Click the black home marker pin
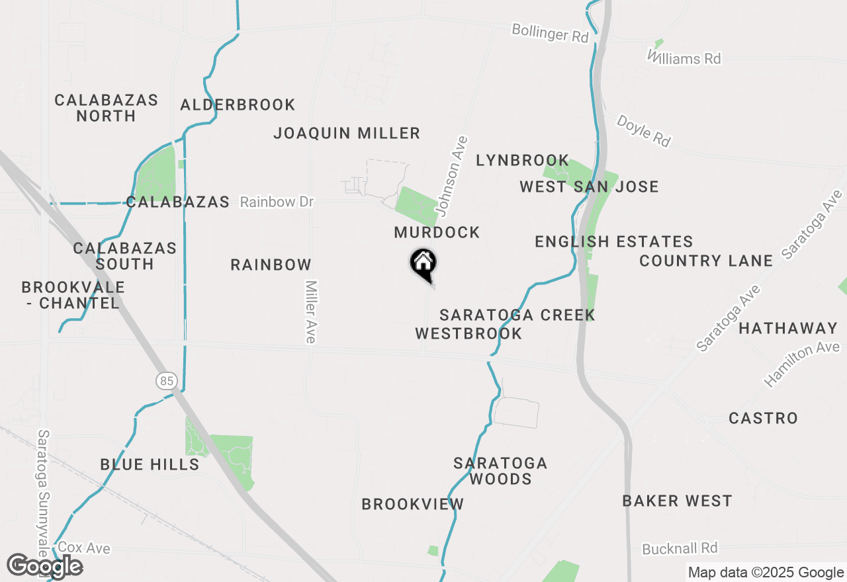423,264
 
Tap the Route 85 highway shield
166,380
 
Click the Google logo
44,566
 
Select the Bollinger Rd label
550,33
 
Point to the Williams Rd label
684,58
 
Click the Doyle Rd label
643,130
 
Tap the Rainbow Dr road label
277,202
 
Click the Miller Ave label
311,312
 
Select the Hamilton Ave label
801,364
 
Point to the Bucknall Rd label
680,548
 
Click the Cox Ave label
84,548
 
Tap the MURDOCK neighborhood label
437,232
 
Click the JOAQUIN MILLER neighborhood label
347,133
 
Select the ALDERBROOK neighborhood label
238,104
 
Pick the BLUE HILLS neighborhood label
150,464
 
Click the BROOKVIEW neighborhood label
413,504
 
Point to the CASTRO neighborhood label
763,418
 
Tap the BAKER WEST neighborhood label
677,501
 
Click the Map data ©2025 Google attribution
766,573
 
